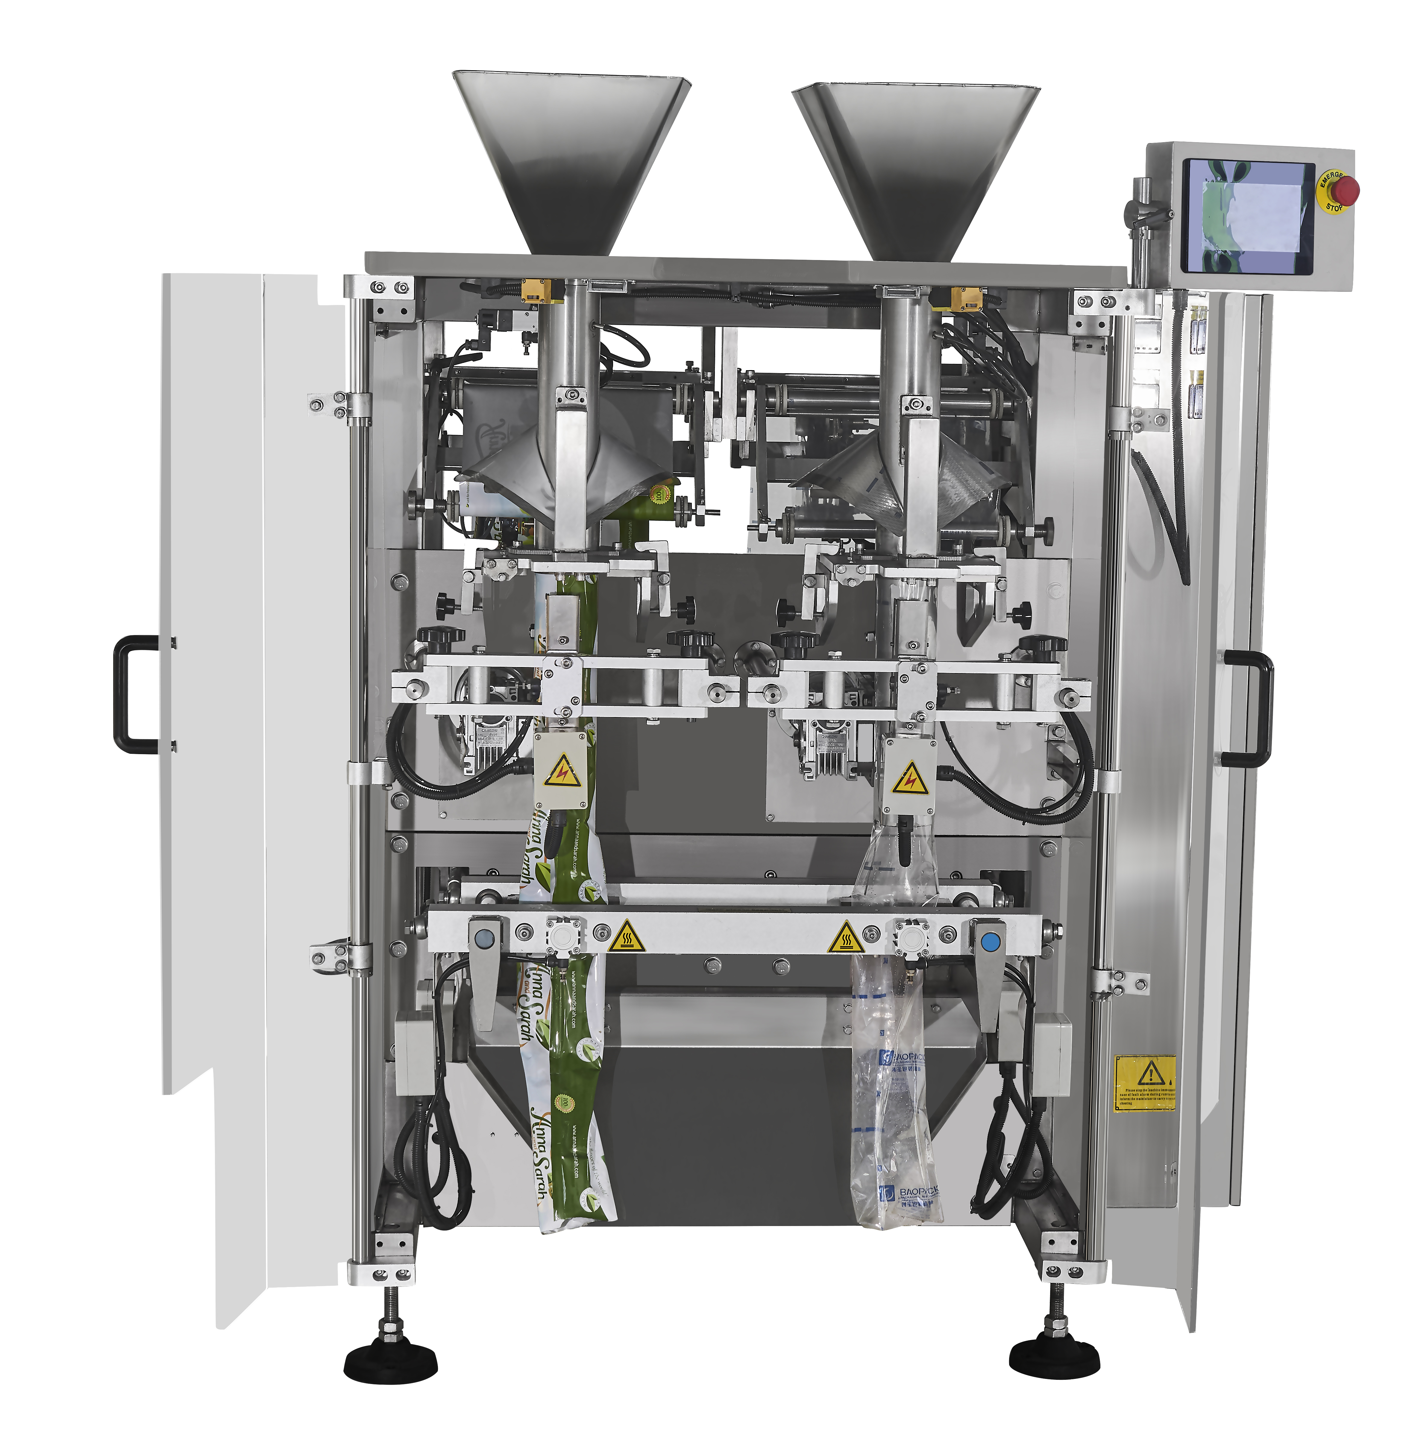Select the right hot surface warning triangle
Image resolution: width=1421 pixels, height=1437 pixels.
click(845, 939)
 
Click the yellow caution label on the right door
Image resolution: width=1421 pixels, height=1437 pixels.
click(1145, 1083)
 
